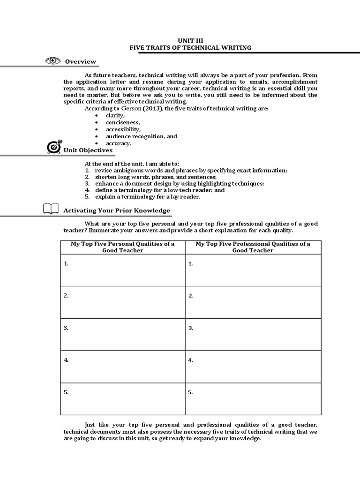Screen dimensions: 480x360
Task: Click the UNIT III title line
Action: [x=190, y=41]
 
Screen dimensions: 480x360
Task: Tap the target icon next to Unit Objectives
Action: [x=54, y=148]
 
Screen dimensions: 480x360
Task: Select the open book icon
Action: [x=51, y=209]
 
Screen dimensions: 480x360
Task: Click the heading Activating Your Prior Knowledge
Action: [x=117, y=210]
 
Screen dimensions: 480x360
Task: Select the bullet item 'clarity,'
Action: [x=115, y=115]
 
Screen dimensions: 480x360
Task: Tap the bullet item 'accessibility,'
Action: [x=123, y=129]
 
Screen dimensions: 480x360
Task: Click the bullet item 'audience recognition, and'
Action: [x=142, y=136]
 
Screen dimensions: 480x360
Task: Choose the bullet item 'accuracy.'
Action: [x=119, y=143]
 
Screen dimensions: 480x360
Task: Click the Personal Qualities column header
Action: [x=123, y=247]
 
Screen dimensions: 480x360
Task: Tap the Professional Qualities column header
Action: [x=253, y=247]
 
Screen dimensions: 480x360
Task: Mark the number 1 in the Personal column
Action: [x=67, y=264]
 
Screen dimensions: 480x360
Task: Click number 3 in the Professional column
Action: [x=191, y=328]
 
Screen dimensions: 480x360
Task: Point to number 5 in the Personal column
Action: [x=67, y=392]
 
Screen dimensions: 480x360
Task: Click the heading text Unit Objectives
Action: [x=88, y=150]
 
